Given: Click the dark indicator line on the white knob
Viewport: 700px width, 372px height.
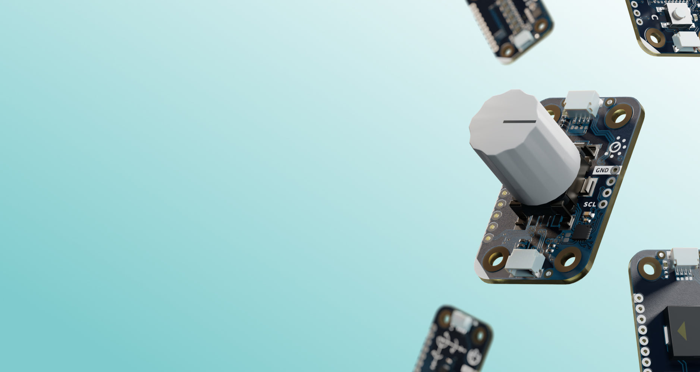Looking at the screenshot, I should click(519, 122).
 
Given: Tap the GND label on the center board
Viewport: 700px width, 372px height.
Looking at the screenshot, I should click(602, 170).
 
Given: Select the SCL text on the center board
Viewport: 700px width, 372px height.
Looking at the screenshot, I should click(590, 204).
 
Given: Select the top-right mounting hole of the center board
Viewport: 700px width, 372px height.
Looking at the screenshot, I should click(618, 116).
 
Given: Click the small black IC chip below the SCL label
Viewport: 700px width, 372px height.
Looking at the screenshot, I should click(581, 231).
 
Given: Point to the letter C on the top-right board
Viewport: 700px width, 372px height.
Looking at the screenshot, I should click(655, 18).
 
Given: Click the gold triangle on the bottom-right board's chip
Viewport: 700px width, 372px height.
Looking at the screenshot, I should click(682, 331).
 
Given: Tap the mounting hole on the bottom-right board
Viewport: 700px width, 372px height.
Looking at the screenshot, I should click(650, 268).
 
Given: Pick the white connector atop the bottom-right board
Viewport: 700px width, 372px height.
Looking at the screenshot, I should click(685, 258).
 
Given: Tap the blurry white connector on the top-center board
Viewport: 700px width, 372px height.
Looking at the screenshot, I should click(523, 40).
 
